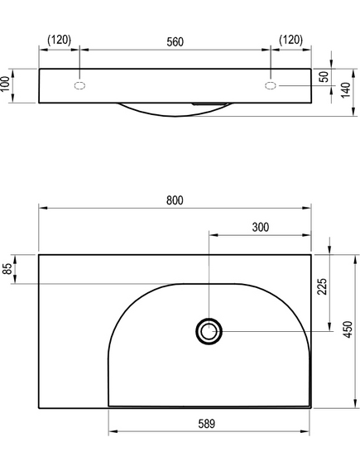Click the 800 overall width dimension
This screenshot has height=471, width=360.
(x=175, y=200)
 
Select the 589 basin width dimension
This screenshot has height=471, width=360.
(x=207, y=424)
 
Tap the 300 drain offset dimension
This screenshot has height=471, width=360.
(x=261, y=228)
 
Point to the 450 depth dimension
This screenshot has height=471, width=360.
(x=348, y=329)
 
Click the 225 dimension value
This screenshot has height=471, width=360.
(x=322, y=286)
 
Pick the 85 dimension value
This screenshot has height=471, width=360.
(x=7, y=268)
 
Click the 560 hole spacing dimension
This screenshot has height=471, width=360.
(x=175, y=42)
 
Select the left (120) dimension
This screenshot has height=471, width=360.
(x=60, y=40)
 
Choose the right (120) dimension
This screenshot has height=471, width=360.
(x=291, y=40)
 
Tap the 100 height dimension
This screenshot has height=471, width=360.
(x=5, y=84)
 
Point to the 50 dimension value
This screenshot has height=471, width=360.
(x=324, y=77)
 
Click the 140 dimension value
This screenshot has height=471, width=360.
(x=346, y=89)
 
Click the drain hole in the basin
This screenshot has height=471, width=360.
(x=209, y=331)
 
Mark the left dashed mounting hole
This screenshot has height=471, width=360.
(x=79, y=85)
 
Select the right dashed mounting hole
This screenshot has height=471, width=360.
(x=271, y=85)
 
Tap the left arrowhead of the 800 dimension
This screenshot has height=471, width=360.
(x=43, y=208)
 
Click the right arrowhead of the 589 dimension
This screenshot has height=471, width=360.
(x=305, y=431)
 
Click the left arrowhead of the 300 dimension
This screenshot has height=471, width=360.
(x=214, y=235)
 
